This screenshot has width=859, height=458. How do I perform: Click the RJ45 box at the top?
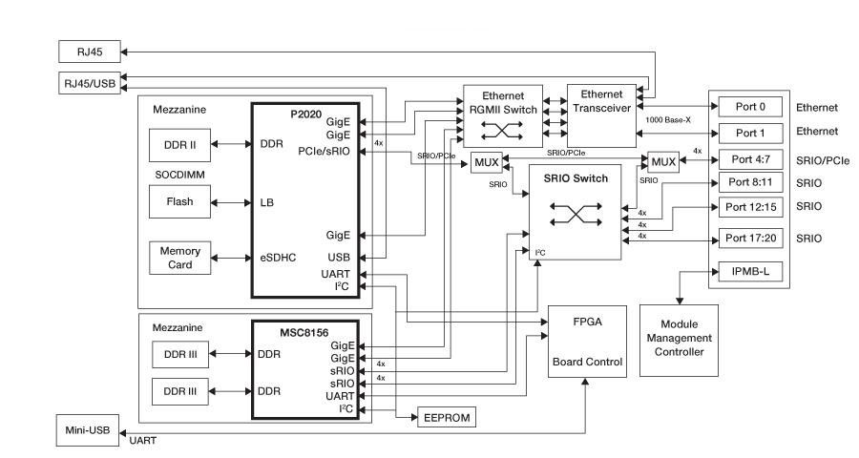point(86,52)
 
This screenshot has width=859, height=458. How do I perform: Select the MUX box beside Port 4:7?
point(664,162)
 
